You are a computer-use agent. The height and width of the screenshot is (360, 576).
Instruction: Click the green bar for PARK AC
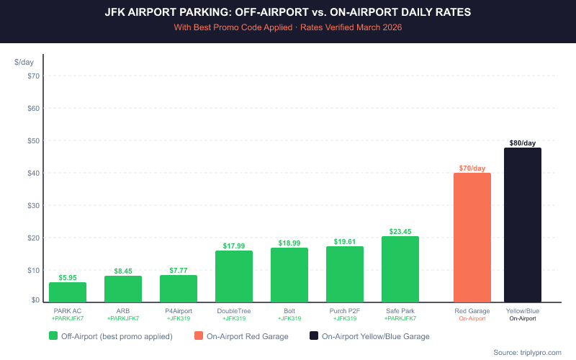tap(68, 292)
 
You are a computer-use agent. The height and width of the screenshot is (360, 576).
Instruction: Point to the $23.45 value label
tap(400, 232)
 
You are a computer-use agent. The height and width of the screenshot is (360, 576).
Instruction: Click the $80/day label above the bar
tap(523, 143)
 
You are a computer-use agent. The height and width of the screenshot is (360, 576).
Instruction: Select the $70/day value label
tap(472, 168)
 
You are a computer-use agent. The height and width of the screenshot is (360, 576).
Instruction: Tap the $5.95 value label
tap(68, 277)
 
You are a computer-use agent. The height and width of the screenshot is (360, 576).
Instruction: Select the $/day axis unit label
tap(24, 63)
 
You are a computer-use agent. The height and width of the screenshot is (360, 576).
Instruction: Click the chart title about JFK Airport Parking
tap(288, 14)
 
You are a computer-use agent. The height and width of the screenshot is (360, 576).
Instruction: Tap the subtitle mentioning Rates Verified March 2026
tap(288, 28)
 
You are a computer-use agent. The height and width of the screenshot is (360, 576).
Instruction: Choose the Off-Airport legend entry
tap(112, 336)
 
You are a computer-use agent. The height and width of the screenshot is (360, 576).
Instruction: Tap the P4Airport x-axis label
tap(179, 311)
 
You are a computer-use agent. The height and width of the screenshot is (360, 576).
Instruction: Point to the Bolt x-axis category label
tap(289, 311)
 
